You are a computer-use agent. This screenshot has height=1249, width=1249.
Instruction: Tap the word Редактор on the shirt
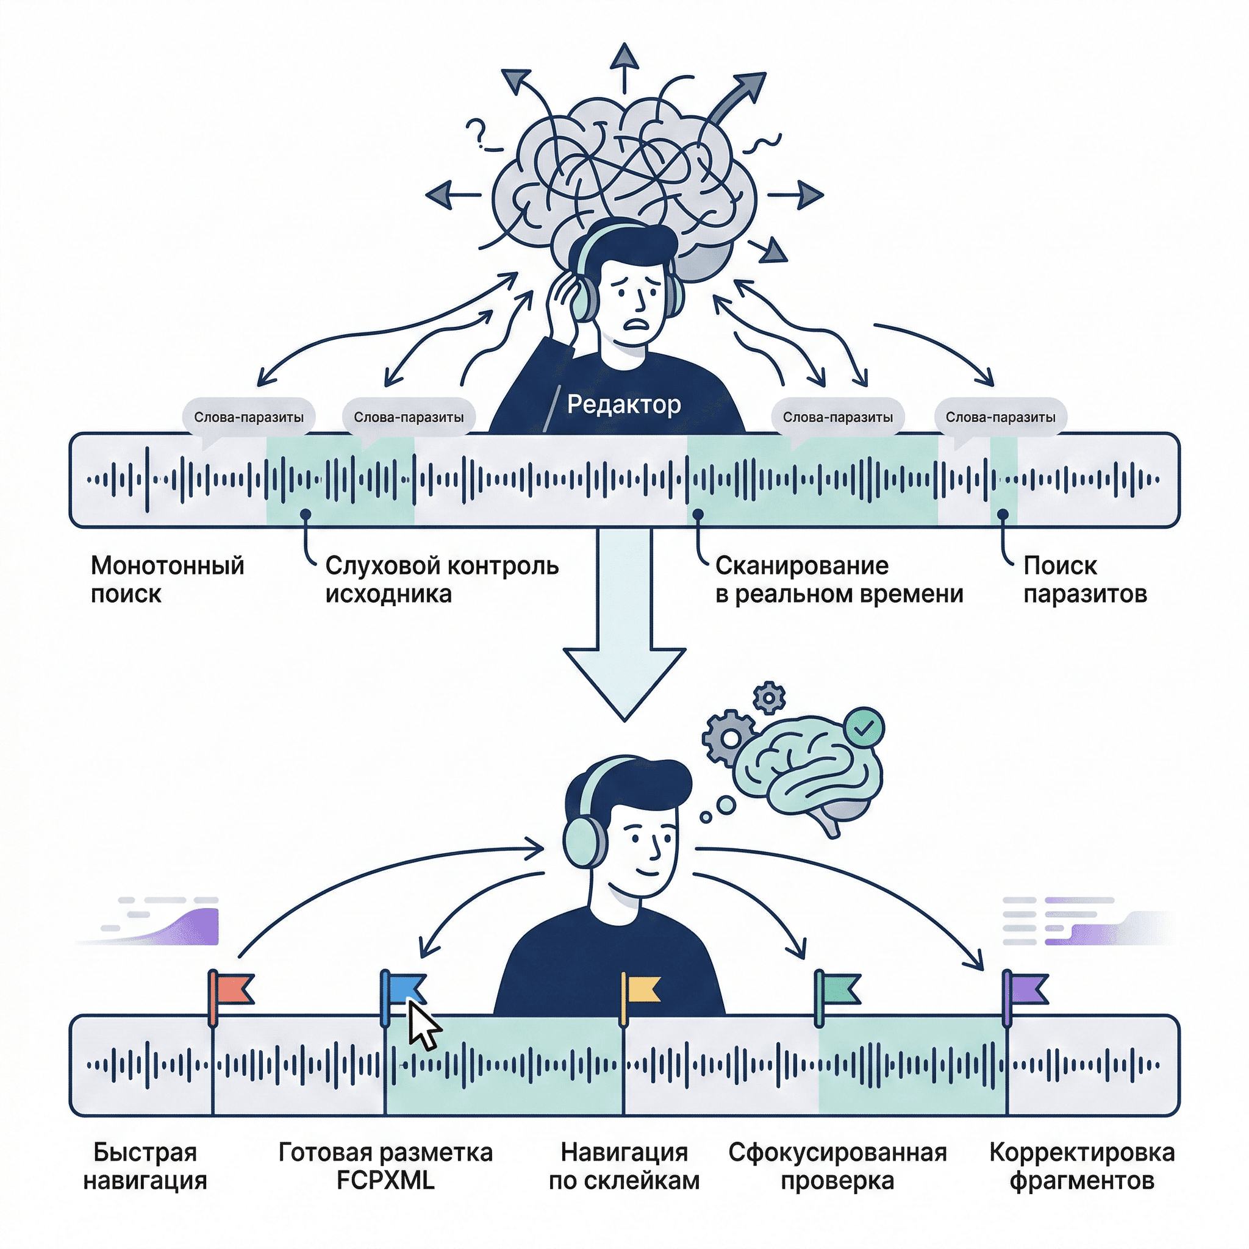tap(624, 405)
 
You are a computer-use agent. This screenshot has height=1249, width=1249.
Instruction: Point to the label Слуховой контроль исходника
tap(442, 579)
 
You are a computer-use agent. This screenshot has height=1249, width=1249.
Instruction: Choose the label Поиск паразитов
tap(1085, 579)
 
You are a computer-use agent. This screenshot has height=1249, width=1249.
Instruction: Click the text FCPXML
tap(385, 1181)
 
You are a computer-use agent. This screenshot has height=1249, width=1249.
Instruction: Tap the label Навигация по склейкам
tap(624, 1166)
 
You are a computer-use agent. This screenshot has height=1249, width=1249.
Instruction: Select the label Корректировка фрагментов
tap(1081, 1166)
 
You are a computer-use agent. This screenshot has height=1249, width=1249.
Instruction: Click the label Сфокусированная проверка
tap(837, 1166)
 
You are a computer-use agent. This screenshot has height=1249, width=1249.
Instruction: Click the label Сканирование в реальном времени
tap(839, 579)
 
